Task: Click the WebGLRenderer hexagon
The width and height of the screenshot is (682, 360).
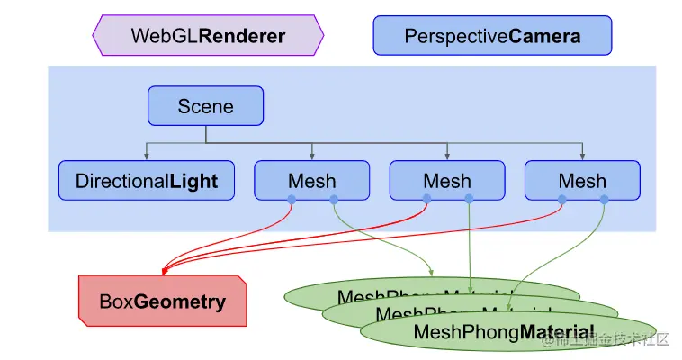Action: [x=208, y=36]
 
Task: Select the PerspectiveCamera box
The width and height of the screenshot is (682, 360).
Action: [x=492, y=36]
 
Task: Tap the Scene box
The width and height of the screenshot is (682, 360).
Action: [x=205, y=106]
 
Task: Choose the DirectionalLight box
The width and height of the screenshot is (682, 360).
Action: [x=147, y=181]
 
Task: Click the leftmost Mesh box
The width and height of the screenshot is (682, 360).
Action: [x=311, y=181]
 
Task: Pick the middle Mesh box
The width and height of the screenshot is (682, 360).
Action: [x=447, y=181]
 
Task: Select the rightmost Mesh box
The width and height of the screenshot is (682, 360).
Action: [x=582, y=181]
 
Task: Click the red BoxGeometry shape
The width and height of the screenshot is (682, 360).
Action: [x=163, y=301]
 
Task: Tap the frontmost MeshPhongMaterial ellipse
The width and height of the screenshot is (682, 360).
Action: [x=507, y=332]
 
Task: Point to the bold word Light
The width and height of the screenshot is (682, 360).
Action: [x=193, y=181]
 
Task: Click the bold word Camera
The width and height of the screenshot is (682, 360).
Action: [x=544, y=36]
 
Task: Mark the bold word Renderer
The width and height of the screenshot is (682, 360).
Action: [x=242, y=36]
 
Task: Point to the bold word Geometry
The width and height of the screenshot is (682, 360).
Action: [x=180, y=301]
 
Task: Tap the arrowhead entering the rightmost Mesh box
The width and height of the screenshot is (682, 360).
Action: [x=582, y=157]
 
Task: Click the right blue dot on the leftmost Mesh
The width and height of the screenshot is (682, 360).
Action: [x=333, y=200]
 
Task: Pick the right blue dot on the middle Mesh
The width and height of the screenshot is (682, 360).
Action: [x=468, y=200]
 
